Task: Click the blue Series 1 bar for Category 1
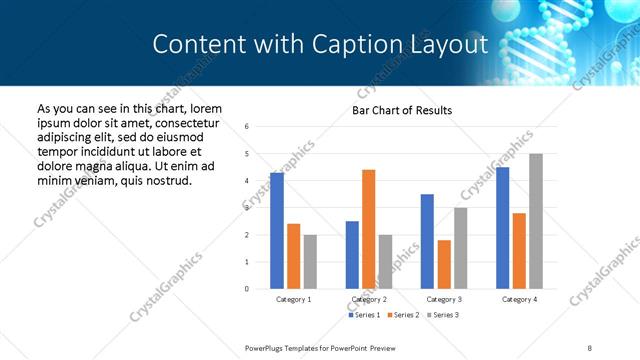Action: tap(277, 231)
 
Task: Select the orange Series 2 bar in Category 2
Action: tap(369, 229)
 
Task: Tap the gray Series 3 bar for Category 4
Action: tap(536, 221)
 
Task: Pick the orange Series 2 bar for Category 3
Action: tap(444, 264)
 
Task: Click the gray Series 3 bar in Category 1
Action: tap(310, 262)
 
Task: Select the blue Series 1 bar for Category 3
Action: tap(427, 241)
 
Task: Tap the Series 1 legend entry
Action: tap(364, 315)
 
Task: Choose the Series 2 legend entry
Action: tap(404, 315)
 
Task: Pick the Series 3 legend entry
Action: tap(442, 315)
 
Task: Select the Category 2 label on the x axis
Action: tap(369, 299)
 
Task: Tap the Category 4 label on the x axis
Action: tap(519, 299)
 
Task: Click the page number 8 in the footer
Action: tap(590, 347)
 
